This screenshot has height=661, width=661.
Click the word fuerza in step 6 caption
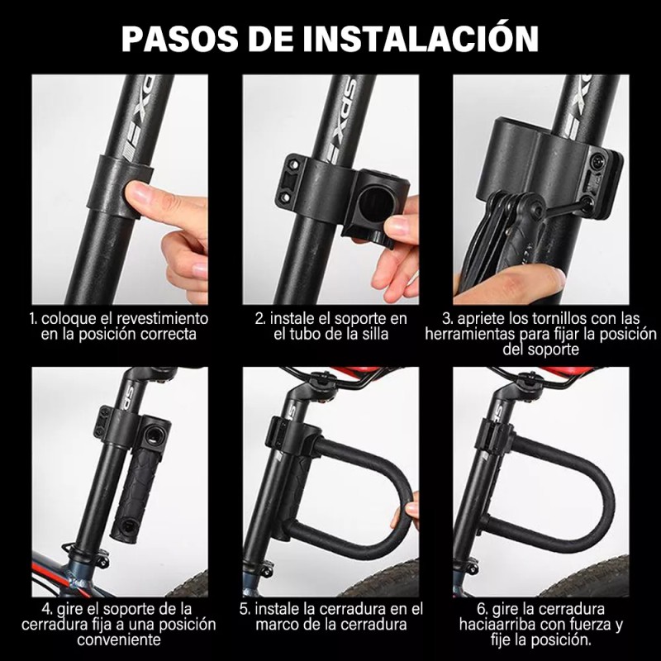594,624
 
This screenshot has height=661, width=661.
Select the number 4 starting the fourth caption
36,609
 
